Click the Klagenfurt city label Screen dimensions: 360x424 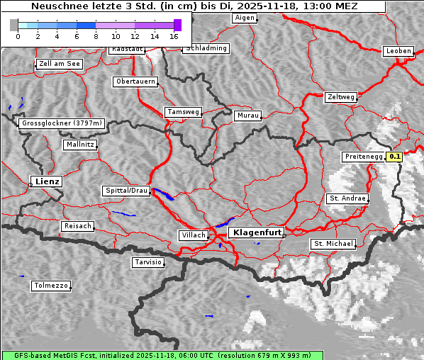(257, 232)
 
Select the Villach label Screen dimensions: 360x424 (193, 235)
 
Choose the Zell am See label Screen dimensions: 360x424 (60, 64)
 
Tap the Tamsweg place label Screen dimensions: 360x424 (184, 112)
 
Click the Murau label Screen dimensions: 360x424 (248, 115)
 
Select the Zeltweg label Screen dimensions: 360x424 (341, 96)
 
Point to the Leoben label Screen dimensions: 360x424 (398, 51)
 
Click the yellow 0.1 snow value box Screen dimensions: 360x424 (395, 157)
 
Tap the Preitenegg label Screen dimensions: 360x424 (363, 157)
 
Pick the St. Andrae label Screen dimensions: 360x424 (347, 198)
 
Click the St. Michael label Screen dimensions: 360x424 (333, 244)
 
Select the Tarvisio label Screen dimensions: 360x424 (149, 262)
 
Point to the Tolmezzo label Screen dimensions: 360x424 (51, 286)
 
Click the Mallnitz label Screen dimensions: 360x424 (80, 145)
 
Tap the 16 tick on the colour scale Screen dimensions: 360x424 (174, 35)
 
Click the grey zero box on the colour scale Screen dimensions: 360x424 (14, 25)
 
